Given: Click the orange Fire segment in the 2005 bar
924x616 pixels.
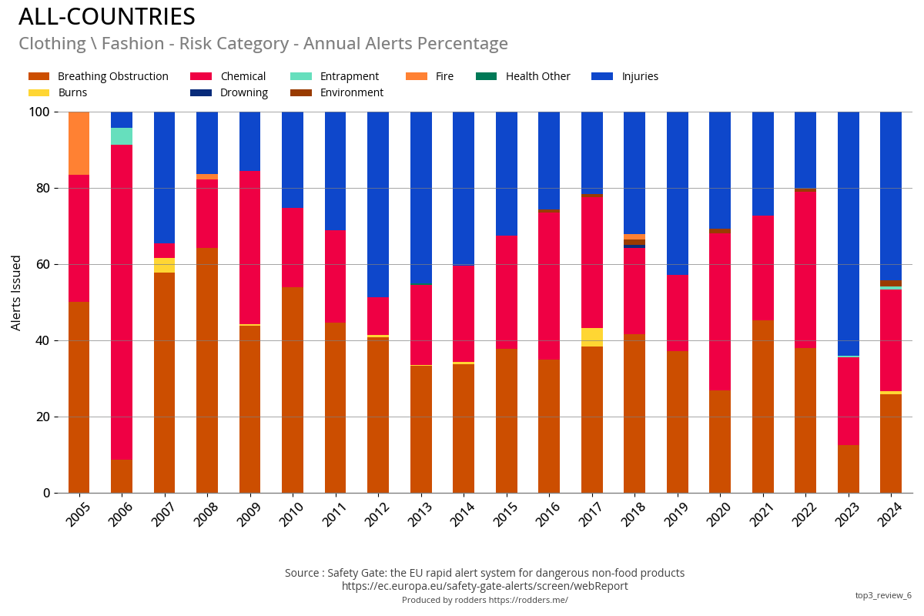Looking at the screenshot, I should point(79,143).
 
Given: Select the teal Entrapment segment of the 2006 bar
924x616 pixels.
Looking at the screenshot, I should point(122,136).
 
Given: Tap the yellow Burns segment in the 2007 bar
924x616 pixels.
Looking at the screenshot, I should point(164,265).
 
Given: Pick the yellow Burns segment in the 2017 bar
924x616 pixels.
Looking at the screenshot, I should point(591,337).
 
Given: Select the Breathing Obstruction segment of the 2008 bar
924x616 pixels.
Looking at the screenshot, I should point(207,370).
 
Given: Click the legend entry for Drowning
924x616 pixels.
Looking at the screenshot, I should point(243,93).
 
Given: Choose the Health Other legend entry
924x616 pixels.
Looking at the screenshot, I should point(537,76).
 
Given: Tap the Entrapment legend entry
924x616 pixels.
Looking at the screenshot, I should point(349,76).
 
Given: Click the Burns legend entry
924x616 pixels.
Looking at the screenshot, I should point(72,93).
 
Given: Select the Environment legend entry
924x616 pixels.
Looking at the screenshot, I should point(351,93).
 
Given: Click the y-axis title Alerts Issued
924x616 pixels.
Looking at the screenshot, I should point(16,293).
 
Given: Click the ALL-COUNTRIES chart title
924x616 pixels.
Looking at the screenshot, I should point(107,16).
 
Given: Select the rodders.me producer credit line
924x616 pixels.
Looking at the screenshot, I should point(484,600).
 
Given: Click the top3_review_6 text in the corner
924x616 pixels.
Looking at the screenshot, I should point(882,595).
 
